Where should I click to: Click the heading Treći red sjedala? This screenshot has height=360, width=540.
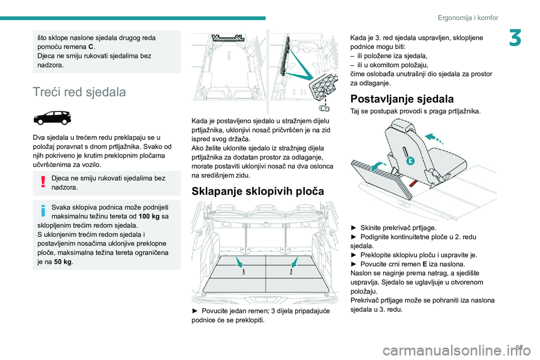pyautogui.click(x=79, y=92)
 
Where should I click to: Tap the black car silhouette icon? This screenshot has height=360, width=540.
pyautogui.click(x=52, y=118)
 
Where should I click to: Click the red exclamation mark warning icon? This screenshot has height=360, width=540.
pyautogui.click(x=43, y=181)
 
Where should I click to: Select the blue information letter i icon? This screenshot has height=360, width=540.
pyautogui.click(x=43, y=210)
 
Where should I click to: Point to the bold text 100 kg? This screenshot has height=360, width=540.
pyautogui.click(x=149, y=217)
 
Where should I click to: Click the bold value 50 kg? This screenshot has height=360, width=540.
pyautogui.click(x=63, y=262)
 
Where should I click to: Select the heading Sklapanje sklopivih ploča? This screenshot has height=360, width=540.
pyautogui.click(x=258, y=191)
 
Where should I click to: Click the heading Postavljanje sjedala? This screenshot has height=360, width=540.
pyautogui.click(x=402, y=99)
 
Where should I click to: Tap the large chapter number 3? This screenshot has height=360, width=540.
pyautogui.click(x=515, y=38)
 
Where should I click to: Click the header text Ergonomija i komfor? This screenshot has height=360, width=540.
pyautogui.click(x=468, y=17)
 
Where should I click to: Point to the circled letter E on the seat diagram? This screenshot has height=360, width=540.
pyautogui.click(x=410, y=160)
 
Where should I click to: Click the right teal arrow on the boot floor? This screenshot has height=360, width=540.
pyautogui.click(x=295, y=262)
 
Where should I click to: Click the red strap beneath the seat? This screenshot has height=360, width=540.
pyautogui.click(x=414, y=183)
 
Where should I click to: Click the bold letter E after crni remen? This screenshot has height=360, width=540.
pyautogui.click(x=425, y=264)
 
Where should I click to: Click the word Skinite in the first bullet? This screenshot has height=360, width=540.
pyautogui.click(x=371, y=228)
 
